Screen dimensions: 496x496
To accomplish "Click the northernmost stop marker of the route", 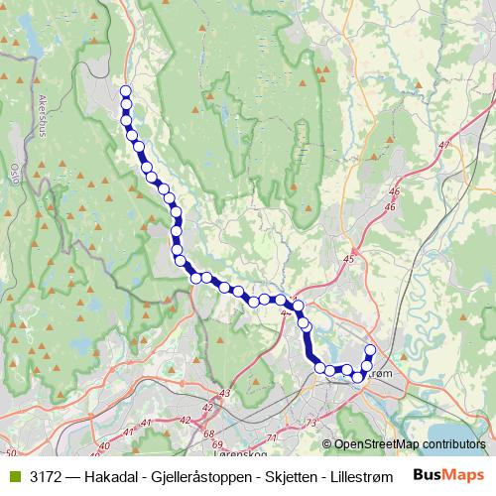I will (126, 92).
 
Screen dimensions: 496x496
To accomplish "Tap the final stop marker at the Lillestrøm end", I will (371, 349).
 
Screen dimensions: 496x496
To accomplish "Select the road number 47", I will (443, 146).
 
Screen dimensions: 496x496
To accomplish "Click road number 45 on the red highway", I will (347, 259).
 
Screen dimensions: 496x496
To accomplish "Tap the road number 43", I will (224, 394).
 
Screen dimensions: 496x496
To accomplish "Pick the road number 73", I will (310, 424).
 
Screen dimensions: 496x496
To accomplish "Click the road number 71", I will (273, 437).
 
